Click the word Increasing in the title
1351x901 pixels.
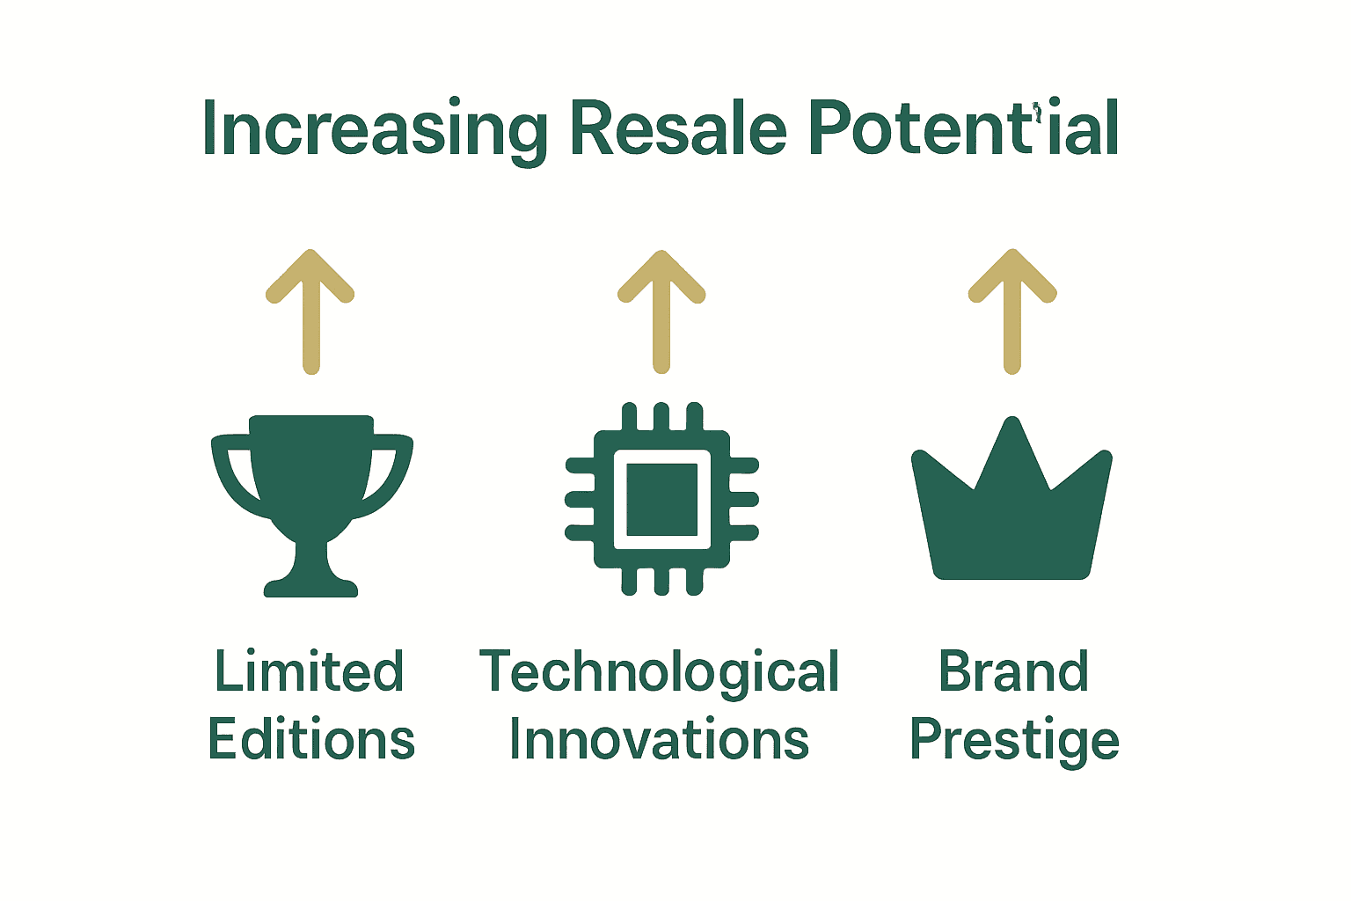click(374, 130)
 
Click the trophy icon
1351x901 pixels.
click(311, 493)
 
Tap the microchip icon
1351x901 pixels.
click(661, 499)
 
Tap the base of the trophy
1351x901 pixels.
click(310, 585)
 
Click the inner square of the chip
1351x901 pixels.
click(661, 499)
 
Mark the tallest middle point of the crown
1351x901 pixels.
click(1012, 431)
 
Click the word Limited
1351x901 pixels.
click(310, 672)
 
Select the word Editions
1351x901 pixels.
click(311, 739)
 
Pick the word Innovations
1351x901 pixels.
click(660, 739)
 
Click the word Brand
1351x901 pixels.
click(1013, 672)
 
